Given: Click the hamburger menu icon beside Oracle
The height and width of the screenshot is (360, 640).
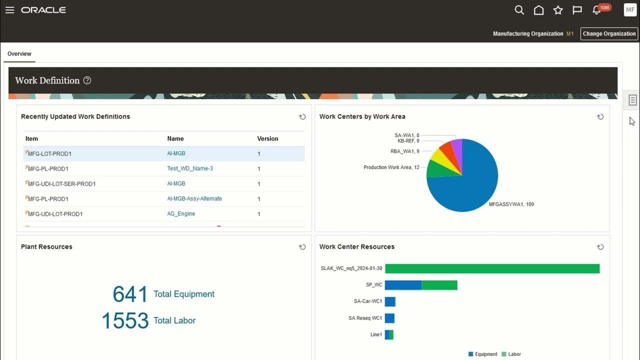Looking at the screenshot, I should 9,10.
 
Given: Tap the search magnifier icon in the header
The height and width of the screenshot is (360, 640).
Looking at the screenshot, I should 519,10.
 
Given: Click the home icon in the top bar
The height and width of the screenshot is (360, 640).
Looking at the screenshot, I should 538,10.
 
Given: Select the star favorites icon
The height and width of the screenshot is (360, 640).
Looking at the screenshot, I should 558,10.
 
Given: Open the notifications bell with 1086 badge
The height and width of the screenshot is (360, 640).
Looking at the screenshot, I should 596,10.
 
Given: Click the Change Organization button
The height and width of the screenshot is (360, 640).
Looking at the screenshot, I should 609,33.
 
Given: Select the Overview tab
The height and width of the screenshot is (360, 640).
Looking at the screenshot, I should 19,54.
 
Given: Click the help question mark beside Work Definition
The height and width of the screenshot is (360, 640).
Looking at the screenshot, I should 87,80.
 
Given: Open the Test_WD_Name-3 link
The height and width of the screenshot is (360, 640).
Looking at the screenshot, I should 190,168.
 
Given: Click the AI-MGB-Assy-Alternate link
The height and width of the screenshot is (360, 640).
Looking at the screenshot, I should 194,198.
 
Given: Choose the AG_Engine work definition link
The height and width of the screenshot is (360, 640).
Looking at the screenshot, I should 181,213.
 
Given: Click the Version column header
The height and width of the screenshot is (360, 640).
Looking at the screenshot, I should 267,138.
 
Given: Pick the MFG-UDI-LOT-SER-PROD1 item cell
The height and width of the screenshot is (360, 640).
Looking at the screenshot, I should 62,184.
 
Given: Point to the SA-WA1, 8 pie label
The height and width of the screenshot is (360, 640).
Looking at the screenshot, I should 406,135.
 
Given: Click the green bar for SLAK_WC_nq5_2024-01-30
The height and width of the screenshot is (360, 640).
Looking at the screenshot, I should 492,268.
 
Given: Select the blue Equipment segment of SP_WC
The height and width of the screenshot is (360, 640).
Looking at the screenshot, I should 403,285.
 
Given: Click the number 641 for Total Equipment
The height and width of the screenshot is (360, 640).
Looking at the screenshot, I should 130,294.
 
